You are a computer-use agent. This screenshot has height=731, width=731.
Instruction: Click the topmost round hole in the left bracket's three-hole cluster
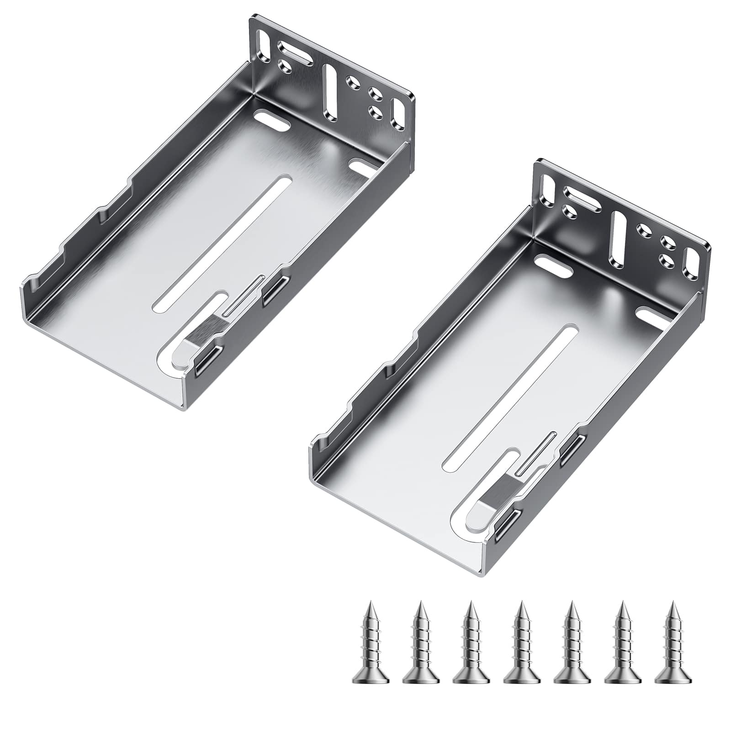(x=351, y=82)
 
